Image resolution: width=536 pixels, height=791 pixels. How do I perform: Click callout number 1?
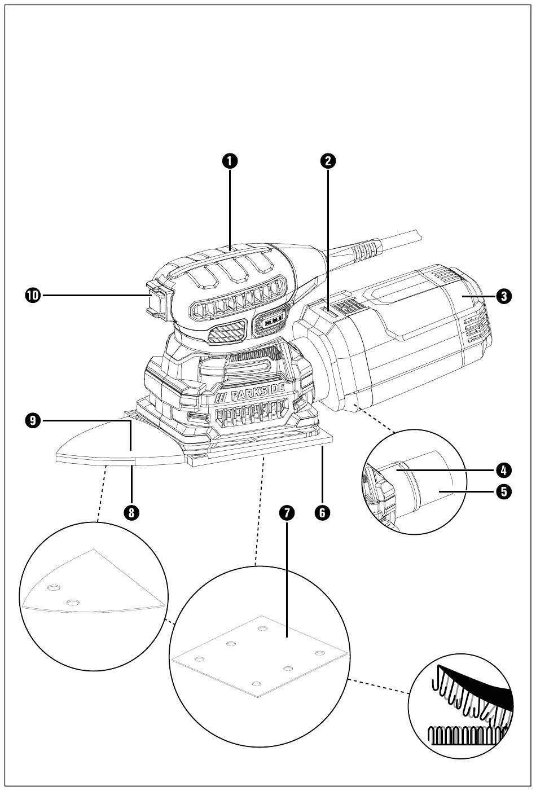click(x=230, y=161)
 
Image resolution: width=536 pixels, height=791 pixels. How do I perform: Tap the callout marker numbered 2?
click(x=328, y=161)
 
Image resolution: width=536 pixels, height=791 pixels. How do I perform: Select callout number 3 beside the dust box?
click(x=504, y=296)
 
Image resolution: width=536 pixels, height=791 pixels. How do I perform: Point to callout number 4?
click(x=504, y=469)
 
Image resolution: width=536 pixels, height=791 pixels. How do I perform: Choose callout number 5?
click(x=504, y=491)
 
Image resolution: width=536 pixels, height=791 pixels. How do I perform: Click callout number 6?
click(x=322, y=512)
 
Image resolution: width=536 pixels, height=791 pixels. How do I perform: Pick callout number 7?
click(x=287, y=512)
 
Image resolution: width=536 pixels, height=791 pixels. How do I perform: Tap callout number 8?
click(x=131, y=512)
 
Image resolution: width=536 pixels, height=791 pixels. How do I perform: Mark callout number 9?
click(x=33, y=420)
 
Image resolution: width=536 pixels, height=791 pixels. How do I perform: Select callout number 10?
click(x=33, y=295)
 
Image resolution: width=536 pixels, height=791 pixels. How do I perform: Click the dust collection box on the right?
click(x=418, y=339)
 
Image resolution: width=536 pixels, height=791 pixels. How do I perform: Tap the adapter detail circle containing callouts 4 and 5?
click(x=415, y=482)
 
